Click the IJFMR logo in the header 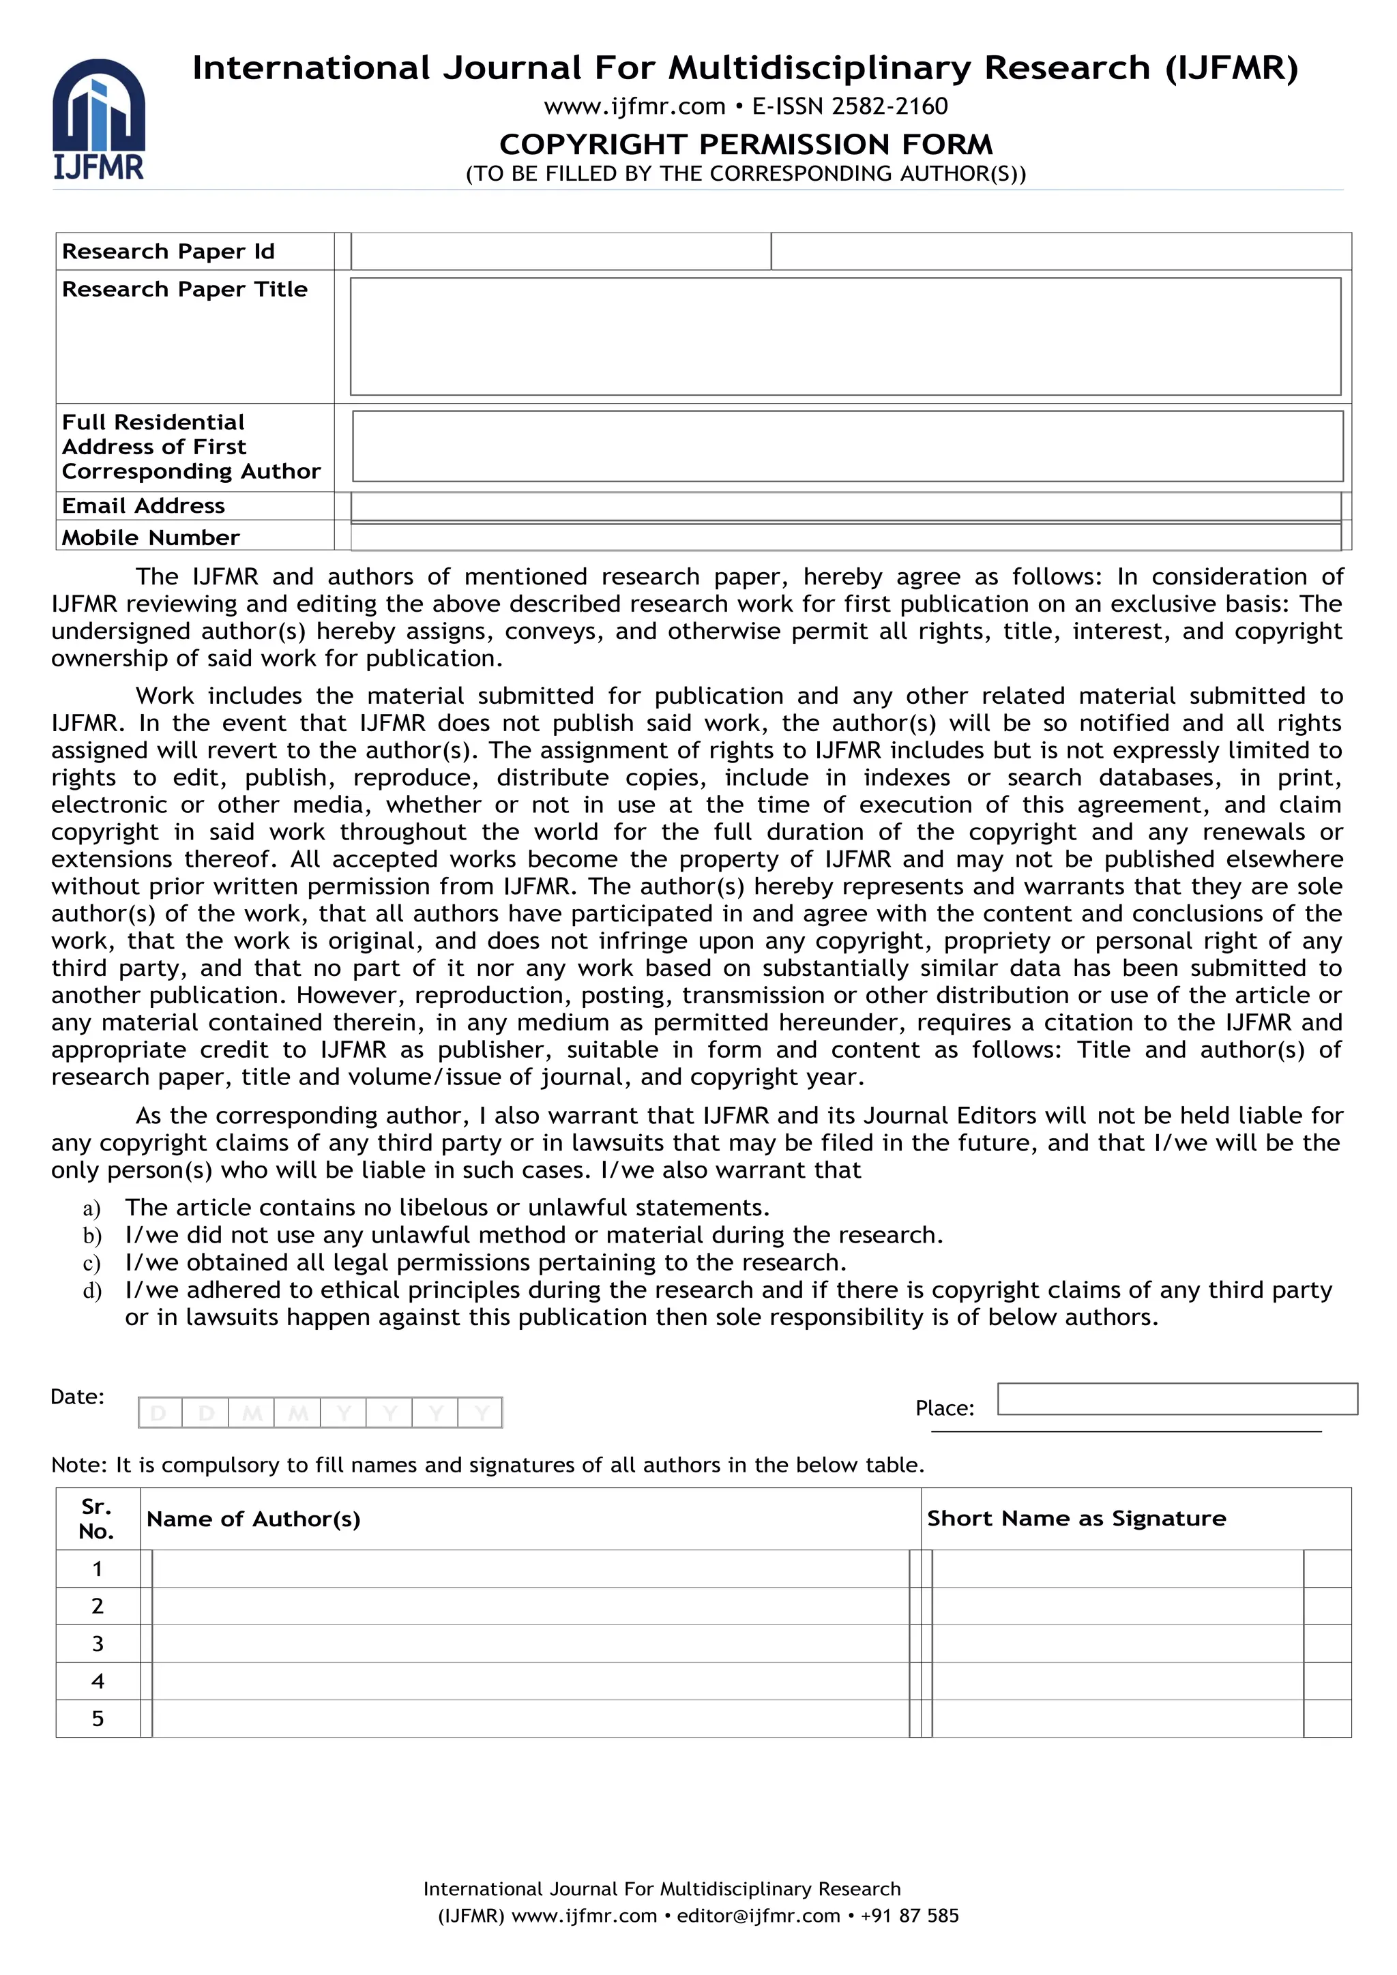click(x=98, y=119)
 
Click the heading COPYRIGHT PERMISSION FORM click(x=745, y=144)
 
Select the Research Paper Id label click(x=168, y=251)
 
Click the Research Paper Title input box click(x=844, y=336)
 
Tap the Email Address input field click(x=844, y=506)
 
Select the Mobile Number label click(x=151, y=537)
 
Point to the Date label click(x=77, y=1396)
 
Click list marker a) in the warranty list click(x=92, y=1208)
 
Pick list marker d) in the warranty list click(x=92, y=1291)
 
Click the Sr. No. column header click(x=98, y=1518)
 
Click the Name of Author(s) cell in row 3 click(x=529, y=1643)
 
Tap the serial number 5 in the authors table click(x=98, y=1718)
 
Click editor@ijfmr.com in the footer click(x=757, y=1916)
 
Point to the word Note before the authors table click(x=78, y=1465)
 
